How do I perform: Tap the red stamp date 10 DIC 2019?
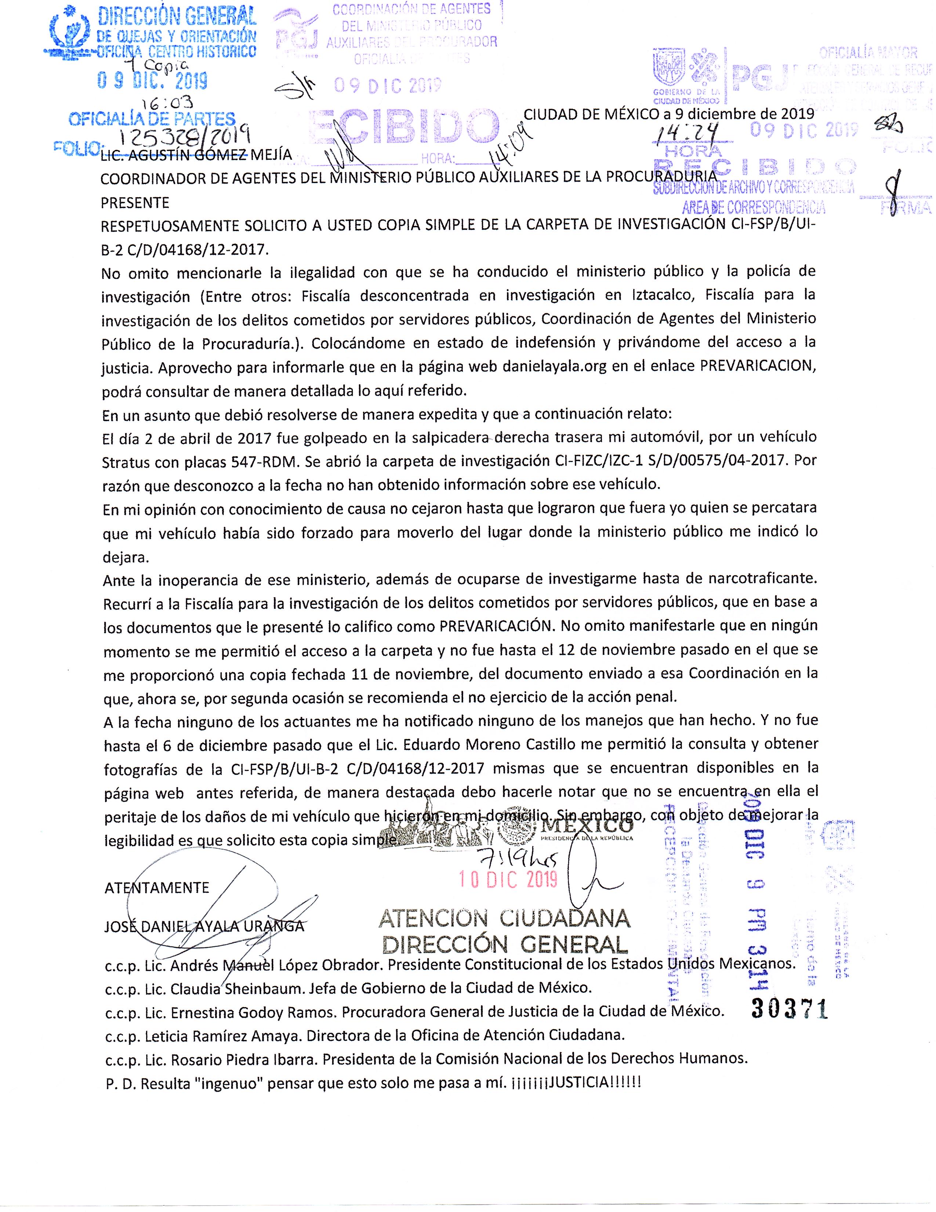[x=508, y=879]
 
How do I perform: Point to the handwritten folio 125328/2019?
[x=185, y=136]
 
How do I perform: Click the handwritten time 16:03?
[x=167, y=102]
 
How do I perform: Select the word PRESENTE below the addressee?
[x=135, y=203]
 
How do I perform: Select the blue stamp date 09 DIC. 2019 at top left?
[x=152, y=82]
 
